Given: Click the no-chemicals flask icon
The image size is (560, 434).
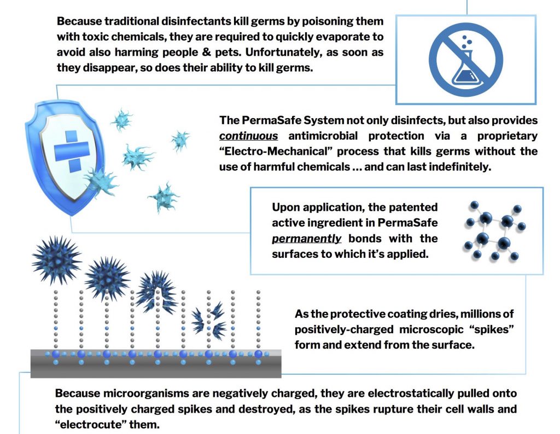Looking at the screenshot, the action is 466,60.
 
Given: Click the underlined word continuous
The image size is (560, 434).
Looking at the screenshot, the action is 249,136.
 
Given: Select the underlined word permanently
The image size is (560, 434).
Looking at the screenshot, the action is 306,239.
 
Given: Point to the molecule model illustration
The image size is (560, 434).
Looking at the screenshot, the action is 494,231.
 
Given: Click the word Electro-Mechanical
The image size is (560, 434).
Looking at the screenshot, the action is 276,151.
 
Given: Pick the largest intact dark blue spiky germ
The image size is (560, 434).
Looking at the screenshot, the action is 56,259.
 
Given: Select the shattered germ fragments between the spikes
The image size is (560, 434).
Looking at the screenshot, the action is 208,321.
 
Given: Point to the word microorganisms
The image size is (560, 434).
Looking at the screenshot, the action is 145,394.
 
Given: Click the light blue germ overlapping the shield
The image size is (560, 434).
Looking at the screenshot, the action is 102,182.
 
